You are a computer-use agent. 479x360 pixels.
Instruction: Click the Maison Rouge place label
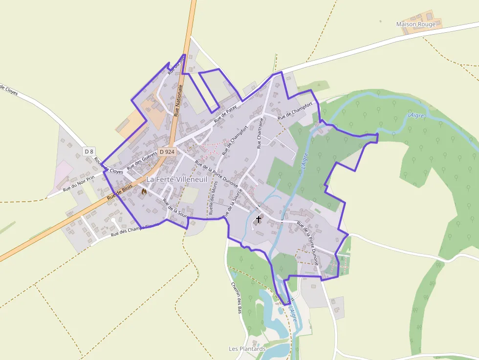(x=415, y=24)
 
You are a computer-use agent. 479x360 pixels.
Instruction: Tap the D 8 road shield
(x=88, y=151)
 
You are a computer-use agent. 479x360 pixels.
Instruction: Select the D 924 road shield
(x=167, y=152)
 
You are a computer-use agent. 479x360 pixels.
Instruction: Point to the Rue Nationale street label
(x=177, y=100)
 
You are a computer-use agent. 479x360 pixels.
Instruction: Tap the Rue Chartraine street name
(x=260, y=132)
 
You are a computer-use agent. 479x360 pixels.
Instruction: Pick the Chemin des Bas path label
(x=237, y=297)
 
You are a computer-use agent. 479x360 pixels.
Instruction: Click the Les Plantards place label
(x=247, y=349)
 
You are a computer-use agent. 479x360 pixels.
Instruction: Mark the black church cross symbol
(x=259, y=219)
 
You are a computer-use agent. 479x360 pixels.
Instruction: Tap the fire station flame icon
(x=144, y=192)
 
